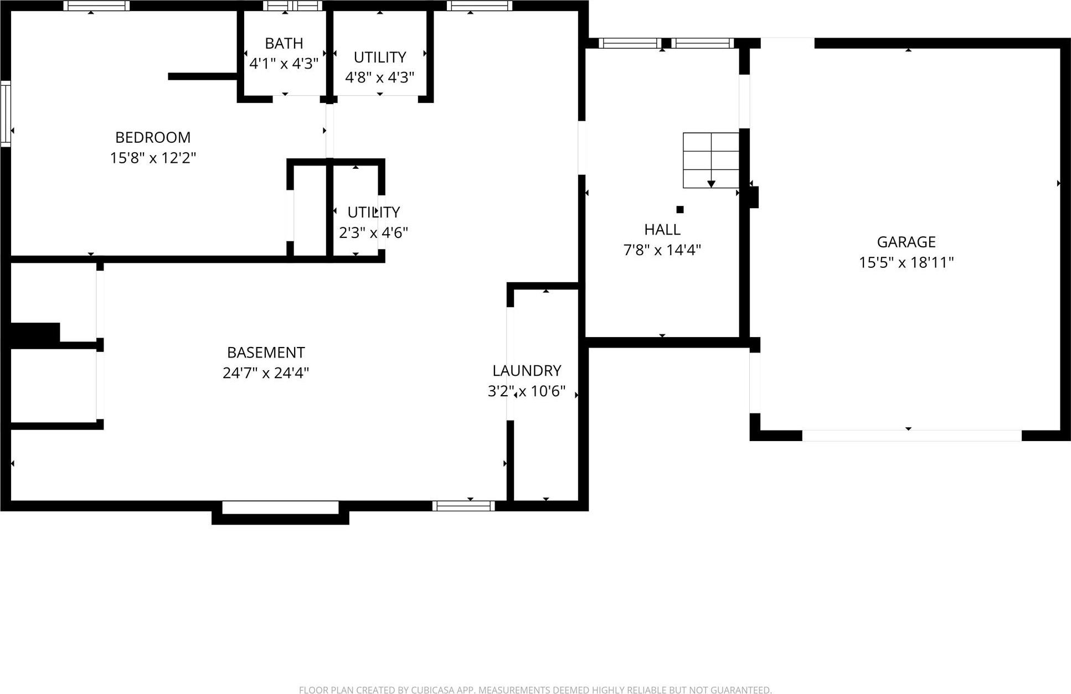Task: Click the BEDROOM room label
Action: coord(153,137)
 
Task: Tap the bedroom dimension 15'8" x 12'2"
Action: coord(153,158)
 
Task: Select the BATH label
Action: coord(284,43)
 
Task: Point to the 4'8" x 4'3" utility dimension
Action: coord(379,77)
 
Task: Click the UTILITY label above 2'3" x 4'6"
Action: coord(373,212)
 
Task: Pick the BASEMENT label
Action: coord(266,353)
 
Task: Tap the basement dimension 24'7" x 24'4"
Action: coord(266,373)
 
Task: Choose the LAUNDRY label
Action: coord(527,370)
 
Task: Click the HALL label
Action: coord(662,229)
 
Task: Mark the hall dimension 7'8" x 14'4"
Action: coord(662,250)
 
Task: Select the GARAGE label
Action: coord(906,242)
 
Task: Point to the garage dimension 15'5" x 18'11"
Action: coord(906,262)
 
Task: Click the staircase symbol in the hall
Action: coord(711,160)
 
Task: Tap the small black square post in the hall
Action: coord(680,209)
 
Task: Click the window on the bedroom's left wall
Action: coord(6,113)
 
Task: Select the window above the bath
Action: coord(292,6)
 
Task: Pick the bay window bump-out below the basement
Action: coord(280,513)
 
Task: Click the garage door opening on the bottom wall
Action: coord(912,436)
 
